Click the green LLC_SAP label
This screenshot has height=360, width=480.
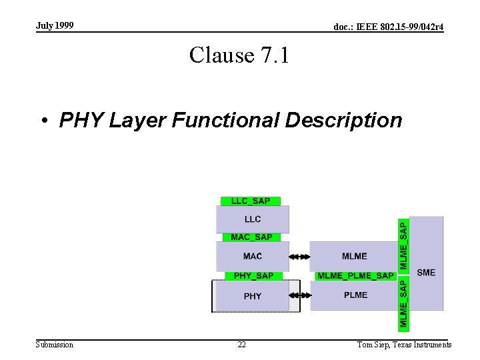[x=251, y=201]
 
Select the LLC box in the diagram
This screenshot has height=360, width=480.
[x=253, y=219]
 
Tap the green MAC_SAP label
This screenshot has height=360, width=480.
[x=251, y=237]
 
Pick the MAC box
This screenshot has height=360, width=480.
[x=253, y=256]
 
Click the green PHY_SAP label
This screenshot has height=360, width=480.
[x=253, y=276]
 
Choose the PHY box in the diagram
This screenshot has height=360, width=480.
[x=253, y=296]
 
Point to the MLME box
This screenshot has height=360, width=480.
[x=354, y=256]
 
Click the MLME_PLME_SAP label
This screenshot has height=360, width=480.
[x=355, y=276]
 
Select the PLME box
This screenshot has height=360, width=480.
[x=355, y=295]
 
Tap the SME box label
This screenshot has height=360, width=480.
[x=426, y=272]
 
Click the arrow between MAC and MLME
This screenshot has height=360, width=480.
[x=300, y=256]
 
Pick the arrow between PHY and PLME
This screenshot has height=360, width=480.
[x=300, y=295]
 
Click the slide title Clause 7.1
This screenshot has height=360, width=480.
[x=239, y=55]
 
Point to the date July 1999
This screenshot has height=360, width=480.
[x=55, y=26]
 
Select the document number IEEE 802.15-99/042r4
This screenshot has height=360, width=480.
[x=389, y=27]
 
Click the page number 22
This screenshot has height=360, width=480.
[x=241, y=345]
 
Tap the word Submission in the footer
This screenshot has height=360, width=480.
[x=55, y=345]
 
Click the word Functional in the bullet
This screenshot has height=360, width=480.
[x=225, y=121]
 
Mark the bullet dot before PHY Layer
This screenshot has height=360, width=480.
[x=44, y=121]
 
